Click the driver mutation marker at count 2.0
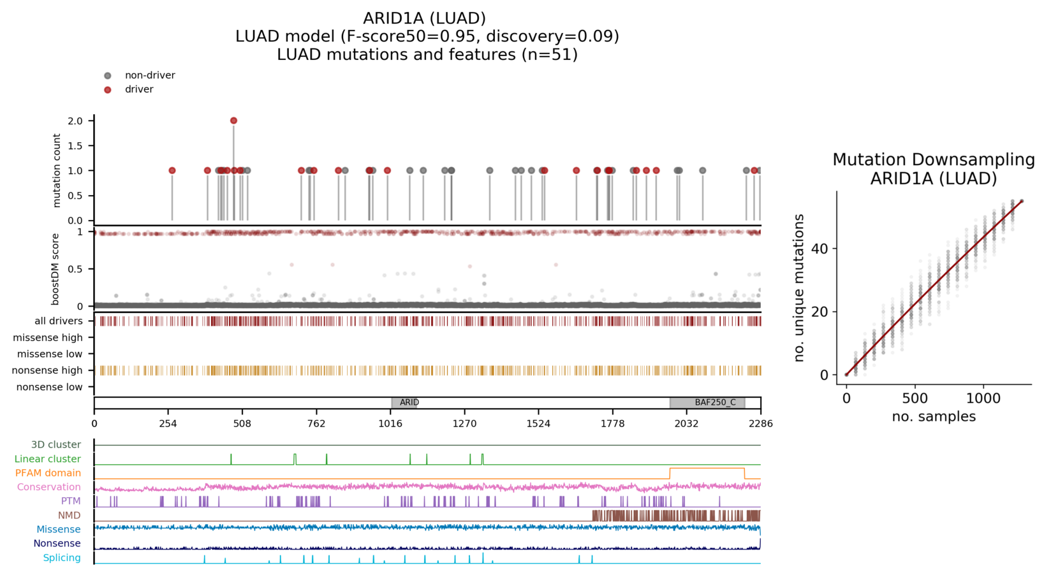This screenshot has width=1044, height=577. [233, 121]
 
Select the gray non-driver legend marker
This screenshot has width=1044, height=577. [108, 75]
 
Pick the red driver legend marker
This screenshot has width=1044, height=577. [108, 89]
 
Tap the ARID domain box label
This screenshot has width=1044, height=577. [409, 402]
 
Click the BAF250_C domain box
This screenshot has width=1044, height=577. [707, 402]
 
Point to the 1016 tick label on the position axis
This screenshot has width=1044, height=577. [390, 423]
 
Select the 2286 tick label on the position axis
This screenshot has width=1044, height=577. [760, 423]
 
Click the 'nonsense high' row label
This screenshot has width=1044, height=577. [47, 370]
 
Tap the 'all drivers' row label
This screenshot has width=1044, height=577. [58, 321]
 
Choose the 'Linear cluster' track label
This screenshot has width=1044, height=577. [47, 459]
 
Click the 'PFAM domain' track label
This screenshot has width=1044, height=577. [48, 473]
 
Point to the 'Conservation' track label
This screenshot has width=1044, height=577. [48, 487]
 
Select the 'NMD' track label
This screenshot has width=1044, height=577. [69, 515]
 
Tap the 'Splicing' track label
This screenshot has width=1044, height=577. [61, 558]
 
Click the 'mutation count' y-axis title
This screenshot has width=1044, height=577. [57, 170]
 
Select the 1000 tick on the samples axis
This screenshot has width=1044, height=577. [983, 398]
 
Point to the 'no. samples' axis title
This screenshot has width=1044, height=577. [933, 417]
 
